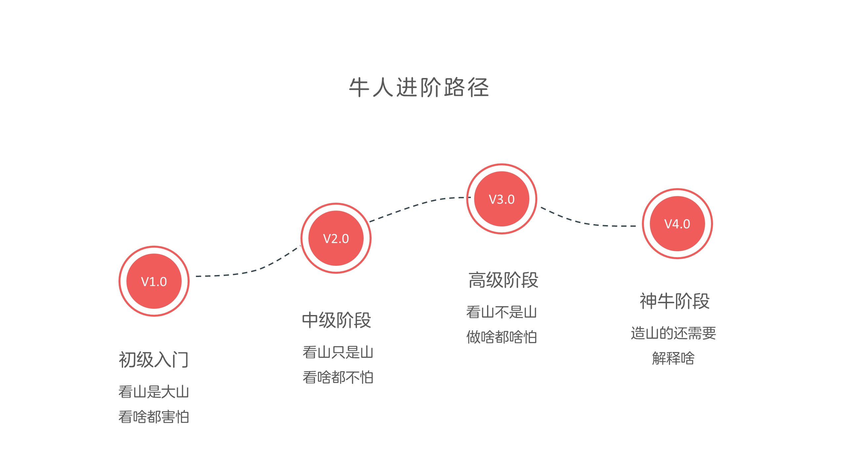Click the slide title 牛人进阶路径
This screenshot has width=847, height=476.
click(x=419, y=88)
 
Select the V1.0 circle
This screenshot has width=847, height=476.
click(x=154, y=281)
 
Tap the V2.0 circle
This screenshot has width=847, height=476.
click(x=336, y=238)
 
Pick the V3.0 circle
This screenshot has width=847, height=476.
click(x=502, y=199)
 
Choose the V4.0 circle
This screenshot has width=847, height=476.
click(x=677, y=224)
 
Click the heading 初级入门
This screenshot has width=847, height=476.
click(x=154, y=360)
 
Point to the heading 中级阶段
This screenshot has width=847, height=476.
click(x=336, y=320)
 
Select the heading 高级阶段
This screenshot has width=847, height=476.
click(x=503, y=280)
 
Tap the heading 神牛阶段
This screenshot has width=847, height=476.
click(x=675, y=301)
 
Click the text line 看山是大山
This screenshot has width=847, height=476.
click(x=154, y=392)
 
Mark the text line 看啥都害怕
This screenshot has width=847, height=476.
click(x=154, y=417)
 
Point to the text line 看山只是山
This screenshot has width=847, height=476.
click(x=338, y=352)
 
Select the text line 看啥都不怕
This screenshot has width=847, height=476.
click(x=338, y=377)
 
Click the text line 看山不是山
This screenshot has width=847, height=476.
click(x=502, y=312)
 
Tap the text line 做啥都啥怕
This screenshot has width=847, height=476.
click(x=502, y=337)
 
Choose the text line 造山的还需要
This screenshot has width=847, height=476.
click(x=673, y=333)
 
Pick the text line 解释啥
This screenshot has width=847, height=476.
click(x=673, y=358)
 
